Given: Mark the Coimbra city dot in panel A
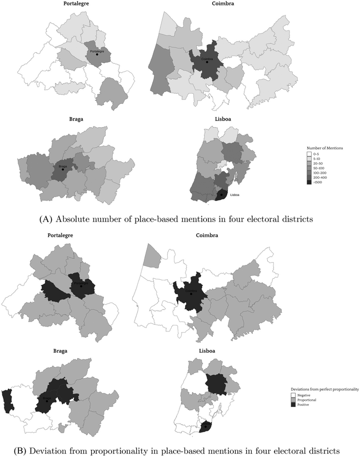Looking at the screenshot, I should [207, 62].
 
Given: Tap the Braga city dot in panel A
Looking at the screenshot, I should [63, 170].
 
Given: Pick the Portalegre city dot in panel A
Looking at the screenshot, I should [97, 54].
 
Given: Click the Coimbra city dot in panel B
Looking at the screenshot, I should [191, 294].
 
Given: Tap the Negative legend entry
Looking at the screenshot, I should [319, 395].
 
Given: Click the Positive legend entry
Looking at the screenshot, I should [319, 404].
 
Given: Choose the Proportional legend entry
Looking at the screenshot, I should [322, 399].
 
